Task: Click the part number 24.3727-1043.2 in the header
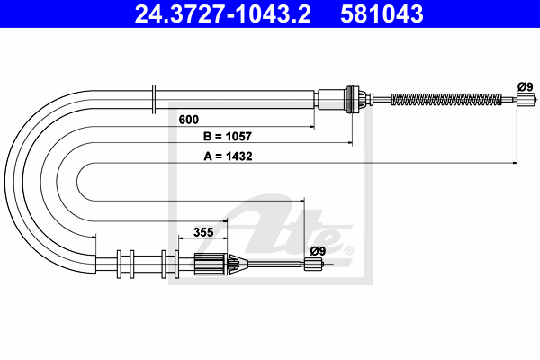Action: pos(223,14)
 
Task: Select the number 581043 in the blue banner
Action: pos(382,14)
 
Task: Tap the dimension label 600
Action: pos(189,120)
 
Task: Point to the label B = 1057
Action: pos(228,137)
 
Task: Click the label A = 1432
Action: pos(228,157)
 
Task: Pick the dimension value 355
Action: pos(203,232)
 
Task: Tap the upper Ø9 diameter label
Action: pos(526,87)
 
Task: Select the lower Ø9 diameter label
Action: pos(318,251)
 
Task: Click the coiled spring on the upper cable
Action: pos(446,100)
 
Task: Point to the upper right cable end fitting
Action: pos(526,100)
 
